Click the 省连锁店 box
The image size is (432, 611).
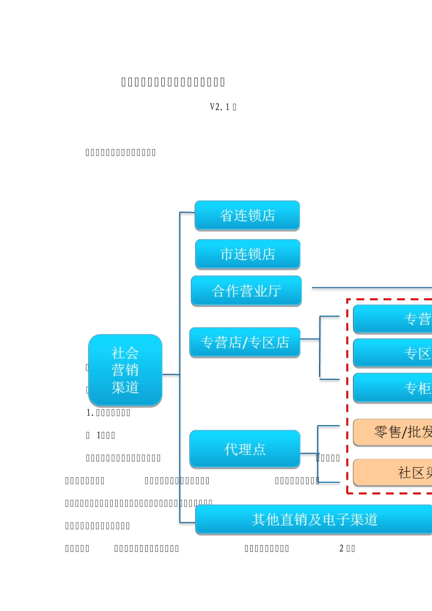click(x=247, y=215)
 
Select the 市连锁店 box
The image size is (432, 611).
click(x=247, y=254)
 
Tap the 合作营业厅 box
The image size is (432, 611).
click(x=246, y=290)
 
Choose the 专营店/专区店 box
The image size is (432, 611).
click(x=245, y=342)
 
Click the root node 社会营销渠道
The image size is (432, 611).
click(x=125, y=370)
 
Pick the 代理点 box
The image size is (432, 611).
click(x=245, y=449)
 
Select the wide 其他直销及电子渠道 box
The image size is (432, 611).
click(x=314, y=519)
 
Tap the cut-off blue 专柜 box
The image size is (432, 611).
click(x=392, y=388)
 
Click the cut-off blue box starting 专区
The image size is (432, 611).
click(x=392, y=353)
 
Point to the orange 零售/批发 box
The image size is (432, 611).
click(x=392, y=432)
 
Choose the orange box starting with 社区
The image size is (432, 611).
click(x=392, y=472)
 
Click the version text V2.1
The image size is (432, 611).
click(x=220, y=107)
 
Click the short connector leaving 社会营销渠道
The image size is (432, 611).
click(x=171, y=375)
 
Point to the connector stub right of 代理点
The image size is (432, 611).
click(x=309, y=453)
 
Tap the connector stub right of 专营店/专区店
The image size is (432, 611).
click(x=310, y=339)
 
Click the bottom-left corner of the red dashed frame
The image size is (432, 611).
click(x=347, y=493)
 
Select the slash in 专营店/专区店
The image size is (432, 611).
click(x=245, y=342)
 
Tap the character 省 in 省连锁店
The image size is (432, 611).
click(x=226, y=215)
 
